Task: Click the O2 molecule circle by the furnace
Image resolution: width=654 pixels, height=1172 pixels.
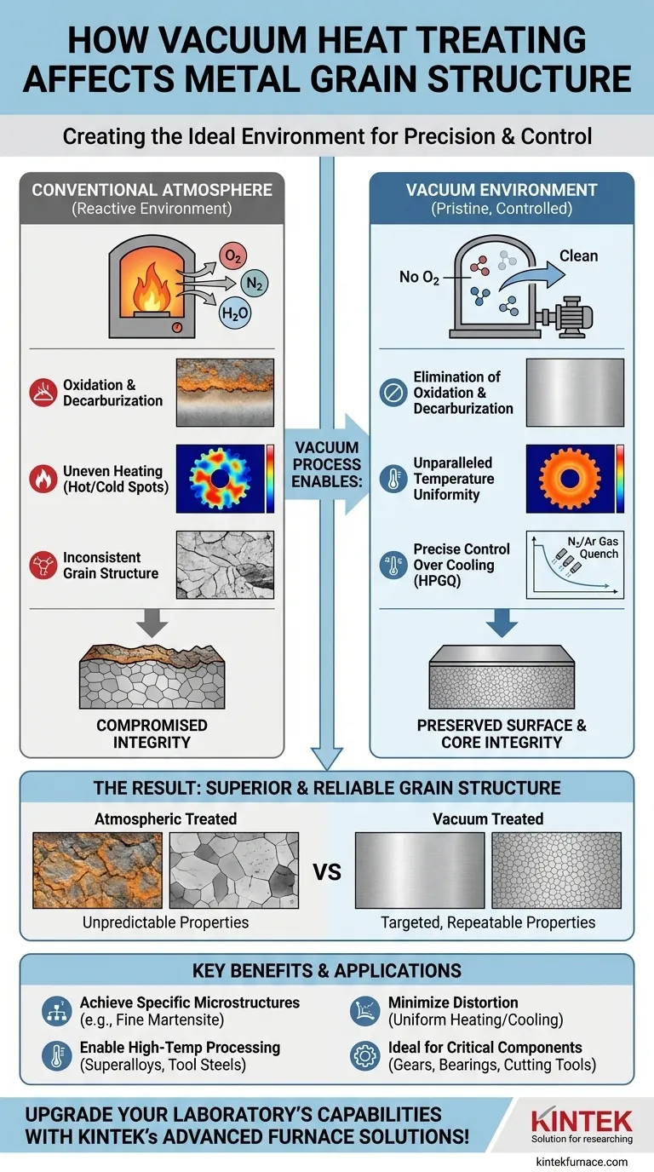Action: point(232,256)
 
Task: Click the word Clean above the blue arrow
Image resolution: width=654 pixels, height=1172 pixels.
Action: point(578,256)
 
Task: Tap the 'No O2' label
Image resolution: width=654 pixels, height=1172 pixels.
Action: point(420,277)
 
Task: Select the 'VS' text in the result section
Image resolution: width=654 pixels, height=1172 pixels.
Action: point(326,872)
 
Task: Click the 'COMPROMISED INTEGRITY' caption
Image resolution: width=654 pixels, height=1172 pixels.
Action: point(152,734)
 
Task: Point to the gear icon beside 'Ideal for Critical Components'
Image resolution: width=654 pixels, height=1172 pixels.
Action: point(365,1056)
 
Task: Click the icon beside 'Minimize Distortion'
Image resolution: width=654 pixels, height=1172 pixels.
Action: point(365,1011)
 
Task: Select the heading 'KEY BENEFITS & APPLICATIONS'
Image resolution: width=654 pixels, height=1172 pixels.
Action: point(326,970)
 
